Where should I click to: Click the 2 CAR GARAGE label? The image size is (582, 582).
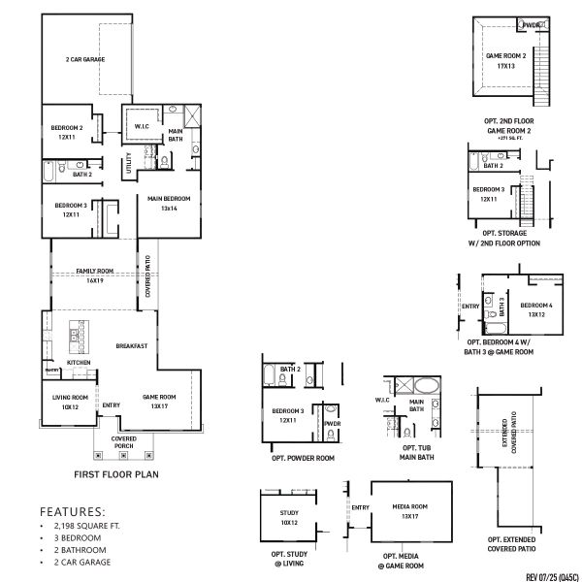click(x=84, y=59)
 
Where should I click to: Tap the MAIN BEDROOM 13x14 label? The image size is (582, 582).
click(x=169, y=203)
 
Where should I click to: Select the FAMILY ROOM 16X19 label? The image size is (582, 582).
click(x=95, y=275)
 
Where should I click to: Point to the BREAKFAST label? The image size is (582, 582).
click(x=131, y=345)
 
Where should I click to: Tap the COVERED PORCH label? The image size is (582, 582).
click(x=123, y=442)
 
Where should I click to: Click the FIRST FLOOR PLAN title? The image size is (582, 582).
click(x=115, y=475)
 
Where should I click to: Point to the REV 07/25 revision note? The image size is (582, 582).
click(x=539, y=571)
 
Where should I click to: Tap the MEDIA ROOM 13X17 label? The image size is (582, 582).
click(x=411, y=510)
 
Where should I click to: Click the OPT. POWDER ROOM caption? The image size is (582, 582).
click(x=302, y=457)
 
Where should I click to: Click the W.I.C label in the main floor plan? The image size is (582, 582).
click(x=142, y=126)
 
